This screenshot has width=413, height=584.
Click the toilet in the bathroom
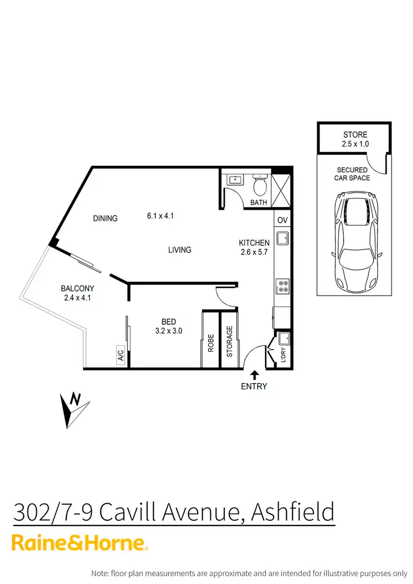pos(259,186)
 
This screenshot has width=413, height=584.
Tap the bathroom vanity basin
pos(235,179)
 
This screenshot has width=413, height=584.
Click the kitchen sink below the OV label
pos(282,238)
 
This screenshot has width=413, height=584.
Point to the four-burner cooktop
pos(282,287)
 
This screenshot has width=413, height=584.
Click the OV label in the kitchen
pos(282,220)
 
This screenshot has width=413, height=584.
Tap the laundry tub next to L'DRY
pos(284,337)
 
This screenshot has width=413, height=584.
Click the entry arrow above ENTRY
pos(254,375)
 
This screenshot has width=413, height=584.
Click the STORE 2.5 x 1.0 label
pos(355,139)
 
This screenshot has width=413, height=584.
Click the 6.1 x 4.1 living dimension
pos(160,216)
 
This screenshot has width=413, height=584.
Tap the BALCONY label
pos(78,288)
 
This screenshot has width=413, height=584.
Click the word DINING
pos(105,219)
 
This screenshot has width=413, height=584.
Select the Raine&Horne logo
pos(80,543)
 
